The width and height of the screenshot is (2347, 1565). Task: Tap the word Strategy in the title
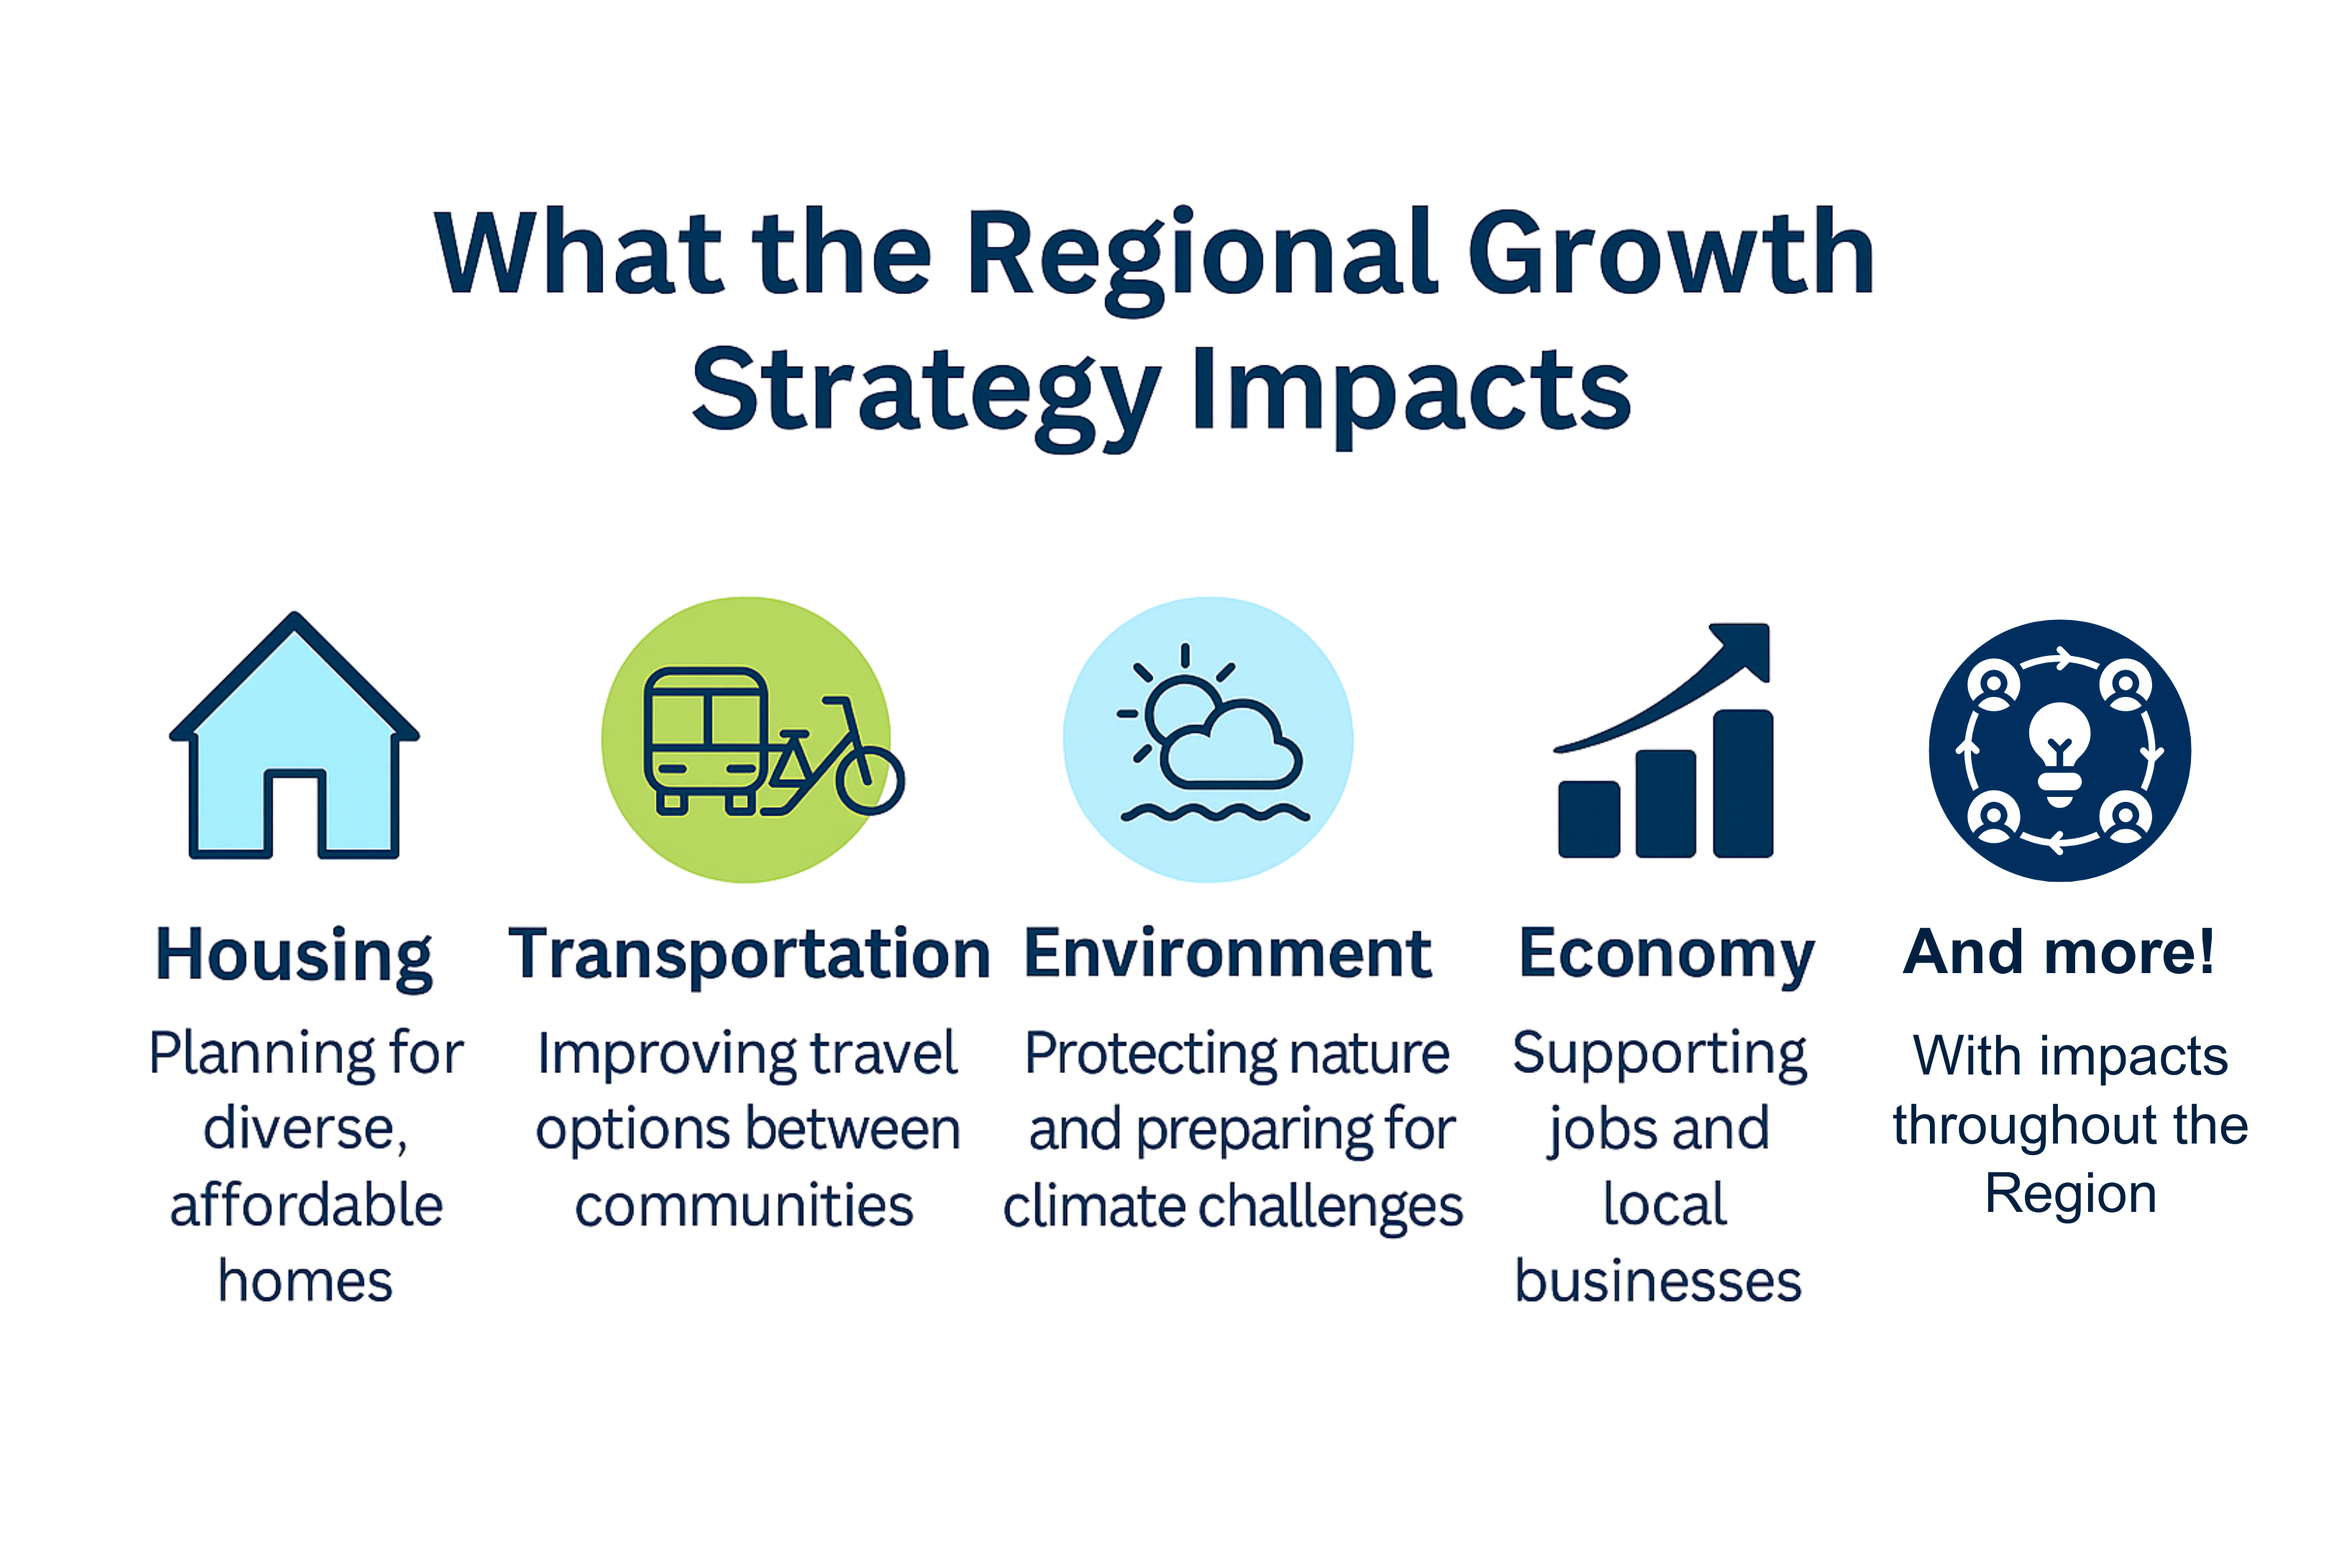click(x=926, y=397)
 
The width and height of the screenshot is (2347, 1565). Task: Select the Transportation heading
click(x=749, y=955)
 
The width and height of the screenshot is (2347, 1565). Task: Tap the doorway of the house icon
click(x=294, y=813)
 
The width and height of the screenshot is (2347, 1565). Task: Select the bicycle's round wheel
click(x=870, y=780)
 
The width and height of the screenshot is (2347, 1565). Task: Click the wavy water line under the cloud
click(x=1214, y=813)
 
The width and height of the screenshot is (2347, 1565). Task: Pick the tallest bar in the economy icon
click(x=1743, y=783)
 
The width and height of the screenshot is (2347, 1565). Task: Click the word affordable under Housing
click(x=306, y=1205)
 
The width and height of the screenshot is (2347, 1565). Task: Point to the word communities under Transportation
click(x=744, y=1205)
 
